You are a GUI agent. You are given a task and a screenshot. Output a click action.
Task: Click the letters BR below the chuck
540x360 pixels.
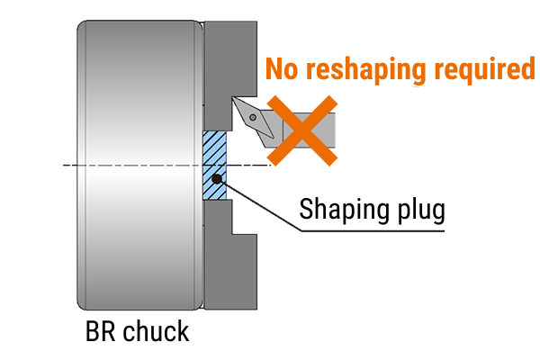pyautogui.click(x=97, y=330)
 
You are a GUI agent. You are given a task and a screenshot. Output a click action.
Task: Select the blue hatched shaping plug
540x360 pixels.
pyautogui.click(x=214, y=153)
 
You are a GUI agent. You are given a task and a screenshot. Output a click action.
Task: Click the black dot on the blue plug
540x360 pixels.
pyautogui.click(x=216, y=180)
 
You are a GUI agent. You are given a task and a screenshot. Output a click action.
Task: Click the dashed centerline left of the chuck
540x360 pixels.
pyautogui.click(x=68, y=165)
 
